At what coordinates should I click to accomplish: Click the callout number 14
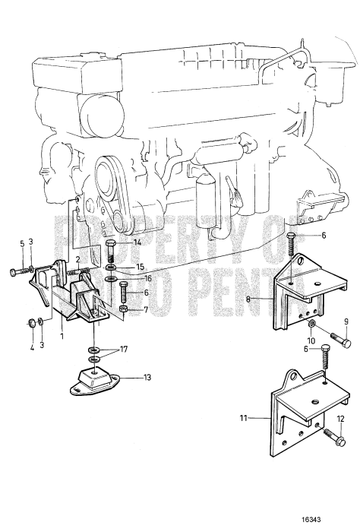[x=137, y=242]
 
